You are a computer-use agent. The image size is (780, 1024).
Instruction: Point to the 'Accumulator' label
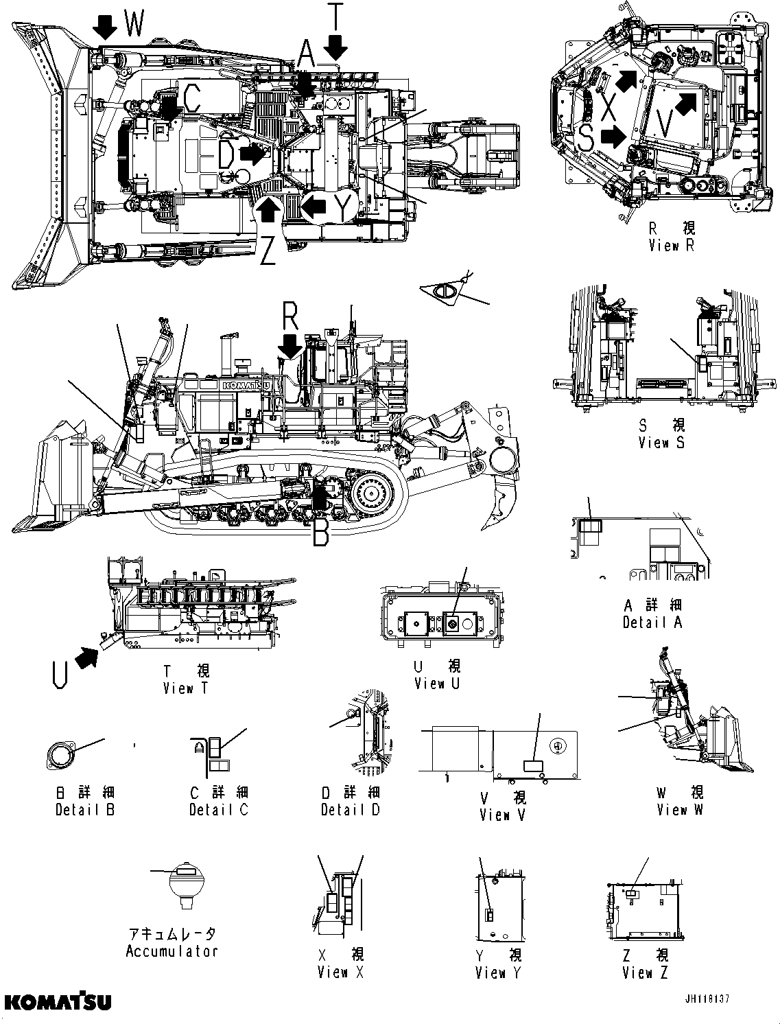tap(172, 951)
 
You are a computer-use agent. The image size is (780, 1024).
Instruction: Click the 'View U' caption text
tap(437, 683)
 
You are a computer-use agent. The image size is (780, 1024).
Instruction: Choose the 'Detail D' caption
tap(351, 809)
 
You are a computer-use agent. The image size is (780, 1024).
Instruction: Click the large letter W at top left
tap(134, 25)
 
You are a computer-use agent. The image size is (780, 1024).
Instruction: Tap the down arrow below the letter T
tap(335, 48)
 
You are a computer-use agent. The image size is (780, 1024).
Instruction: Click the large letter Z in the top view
tap(268, 251)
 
